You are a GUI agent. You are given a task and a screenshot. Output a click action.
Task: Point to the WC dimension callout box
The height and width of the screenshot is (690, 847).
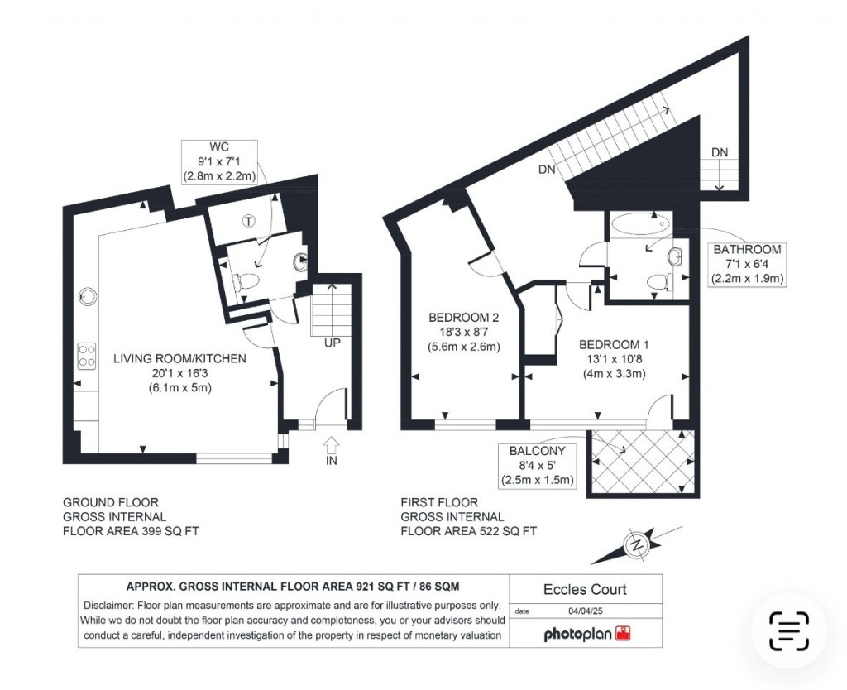tap(219, 161)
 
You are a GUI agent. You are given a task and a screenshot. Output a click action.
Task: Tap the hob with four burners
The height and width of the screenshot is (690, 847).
tap(85, 356)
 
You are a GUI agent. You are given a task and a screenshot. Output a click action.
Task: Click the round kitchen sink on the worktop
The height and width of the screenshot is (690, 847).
tap(85, 295)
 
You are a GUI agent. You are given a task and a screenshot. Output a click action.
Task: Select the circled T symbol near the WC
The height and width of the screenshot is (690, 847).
tap(247, 220)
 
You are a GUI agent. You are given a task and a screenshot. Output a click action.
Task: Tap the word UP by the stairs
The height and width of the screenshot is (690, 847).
tap(331, 342)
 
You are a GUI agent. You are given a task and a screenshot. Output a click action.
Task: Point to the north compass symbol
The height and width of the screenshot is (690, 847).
tap(637, 544)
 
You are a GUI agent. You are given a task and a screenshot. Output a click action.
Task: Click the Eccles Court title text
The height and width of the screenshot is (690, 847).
tap(585, 590)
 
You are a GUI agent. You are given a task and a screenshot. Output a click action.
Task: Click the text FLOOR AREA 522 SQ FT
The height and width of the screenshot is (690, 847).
tap(468, 531)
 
